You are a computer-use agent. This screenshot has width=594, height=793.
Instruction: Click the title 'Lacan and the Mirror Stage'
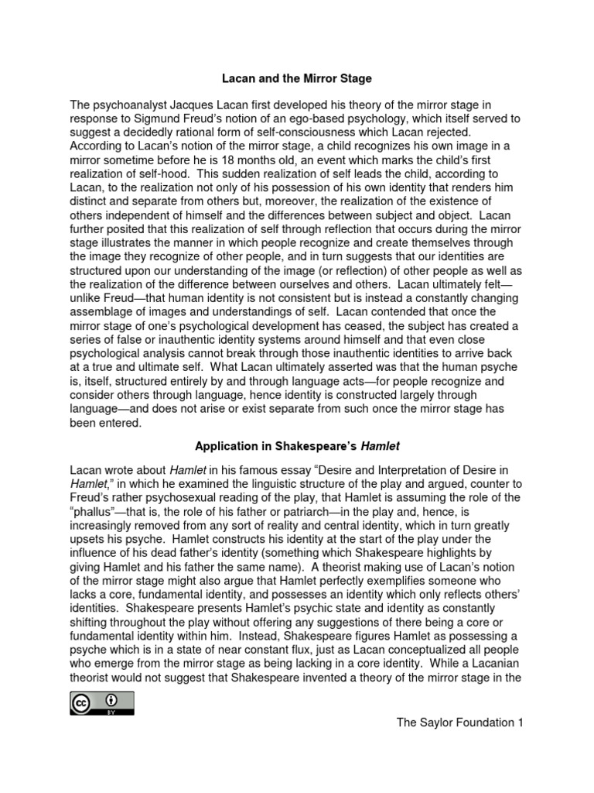(x=297, y=79)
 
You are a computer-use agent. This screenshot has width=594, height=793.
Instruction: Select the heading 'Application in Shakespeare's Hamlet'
(x=297, y=446)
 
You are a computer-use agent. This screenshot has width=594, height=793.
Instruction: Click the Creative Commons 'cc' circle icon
(x=82, y=703)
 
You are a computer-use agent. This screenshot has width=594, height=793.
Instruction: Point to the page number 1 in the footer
(x=521, y=723)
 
